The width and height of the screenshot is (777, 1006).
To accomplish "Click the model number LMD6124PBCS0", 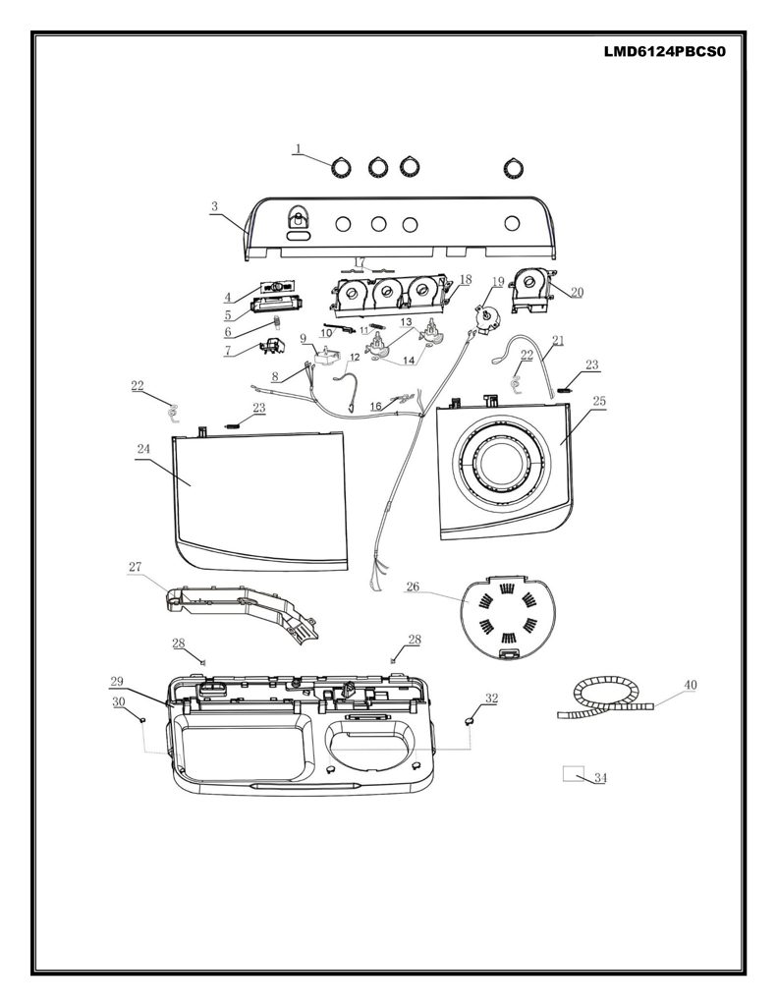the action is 664,52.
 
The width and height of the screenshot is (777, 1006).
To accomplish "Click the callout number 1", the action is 298,149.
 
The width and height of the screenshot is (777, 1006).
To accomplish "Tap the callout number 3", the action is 214,206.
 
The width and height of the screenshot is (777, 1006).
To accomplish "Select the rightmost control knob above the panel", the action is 513,168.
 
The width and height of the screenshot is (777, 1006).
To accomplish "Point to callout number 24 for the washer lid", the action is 143,449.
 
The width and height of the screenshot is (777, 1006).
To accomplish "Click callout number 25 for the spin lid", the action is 598,401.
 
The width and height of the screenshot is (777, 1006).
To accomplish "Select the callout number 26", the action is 413,587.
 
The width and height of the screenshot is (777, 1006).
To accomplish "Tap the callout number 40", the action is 690,685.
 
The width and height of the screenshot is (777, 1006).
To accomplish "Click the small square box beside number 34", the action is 574,772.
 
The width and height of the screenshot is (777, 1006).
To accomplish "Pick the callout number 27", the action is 135,567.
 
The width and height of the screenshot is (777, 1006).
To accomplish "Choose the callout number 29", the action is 116,682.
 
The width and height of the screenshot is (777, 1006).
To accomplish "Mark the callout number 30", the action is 119,702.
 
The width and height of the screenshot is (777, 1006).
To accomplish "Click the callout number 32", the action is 491,699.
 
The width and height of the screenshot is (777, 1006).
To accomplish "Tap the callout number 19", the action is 499,281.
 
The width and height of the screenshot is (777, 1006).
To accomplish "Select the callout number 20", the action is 577,293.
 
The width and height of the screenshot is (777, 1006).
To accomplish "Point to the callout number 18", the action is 466,280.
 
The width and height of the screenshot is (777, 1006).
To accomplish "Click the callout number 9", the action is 304,338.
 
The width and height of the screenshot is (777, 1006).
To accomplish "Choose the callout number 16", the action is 376,407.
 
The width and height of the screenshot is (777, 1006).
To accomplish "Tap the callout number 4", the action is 227,297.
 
